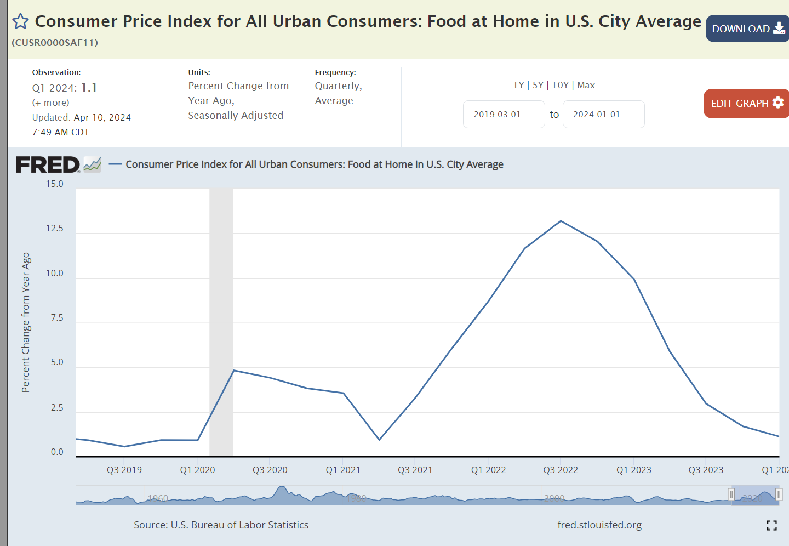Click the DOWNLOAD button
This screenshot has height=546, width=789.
(747, 29)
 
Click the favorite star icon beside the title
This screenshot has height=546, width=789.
(20, 21)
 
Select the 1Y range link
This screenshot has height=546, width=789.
(518, 85)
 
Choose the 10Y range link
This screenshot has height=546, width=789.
(560, 85)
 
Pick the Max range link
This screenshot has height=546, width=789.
(586, 85)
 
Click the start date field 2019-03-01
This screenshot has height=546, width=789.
(504, 114)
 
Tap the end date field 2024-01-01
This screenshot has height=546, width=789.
(603, 114)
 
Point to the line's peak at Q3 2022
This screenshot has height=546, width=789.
(561, 221)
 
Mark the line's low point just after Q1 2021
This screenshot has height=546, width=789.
(379, 440)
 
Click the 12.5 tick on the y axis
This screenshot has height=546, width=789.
(54, 229)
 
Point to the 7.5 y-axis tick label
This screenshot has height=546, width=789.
(57, 318)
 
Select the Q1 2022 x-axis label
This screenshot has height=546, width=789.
(488, 470)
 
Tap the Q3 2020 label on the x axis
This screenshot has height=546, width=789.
(270, 470)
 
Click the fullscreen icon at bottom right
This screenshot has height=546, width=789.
(771, 526)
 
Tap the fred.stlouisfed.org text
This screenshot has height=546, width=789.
(599, 525)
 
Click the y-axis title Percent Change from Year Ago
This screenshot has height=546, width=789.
(26, 322)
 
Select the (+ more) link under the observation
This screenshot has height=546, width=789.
(51, 103)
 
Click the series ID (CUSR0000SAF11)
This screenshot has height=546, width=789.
(55, 43)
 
